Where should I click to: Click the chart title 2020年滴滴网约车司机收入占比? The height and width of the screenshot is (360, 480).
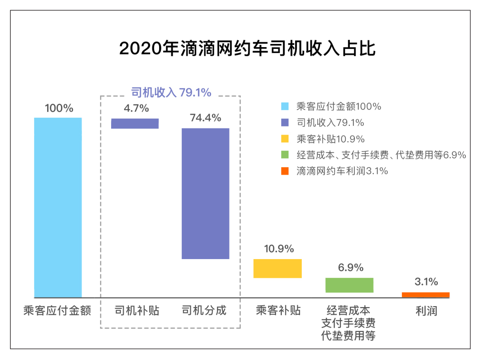tap(248, 48)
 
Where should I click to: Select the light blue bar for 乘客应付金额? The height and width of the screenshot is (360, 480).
tap(58, 207)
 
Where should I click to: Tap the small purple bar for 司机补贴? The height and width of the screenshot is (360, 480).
tap(135, 123)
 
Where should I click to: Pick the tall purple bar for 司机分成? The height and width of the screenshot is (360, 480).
tap(206, 193)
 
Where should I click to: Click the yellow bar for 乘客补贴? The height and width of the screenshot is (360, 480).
tap(277, 268)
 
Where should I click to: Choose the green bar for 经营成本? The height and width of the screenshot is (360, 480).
tap(349, 285)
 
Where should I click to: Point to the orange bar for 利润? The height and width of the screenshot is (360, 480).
tap(425, 295)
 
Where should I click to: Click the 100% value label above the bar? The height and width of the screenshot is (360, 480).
tap(59, 108)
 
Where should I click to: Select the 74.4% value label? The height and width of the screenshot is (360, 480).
tap(205, 118)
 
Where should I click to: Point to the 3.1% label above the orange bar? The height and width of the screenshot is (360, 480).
tap(426, 281)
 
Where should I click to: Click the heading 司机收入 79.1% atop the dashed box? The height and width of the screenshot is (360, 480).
tap(171, 92)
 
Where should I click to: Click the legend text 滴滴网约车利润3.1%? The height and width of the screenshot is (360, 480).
tap(342, 171)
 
